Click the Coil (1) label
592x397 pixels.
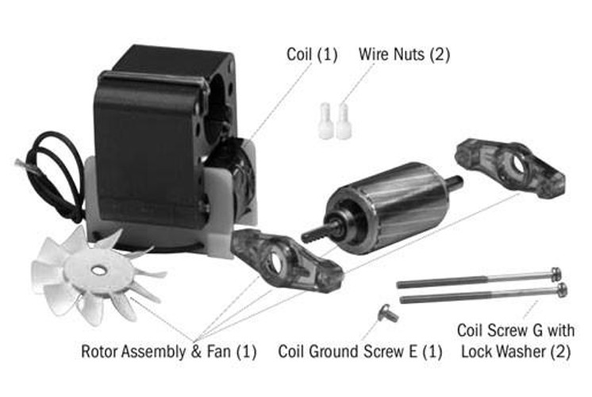(x=312, y=55)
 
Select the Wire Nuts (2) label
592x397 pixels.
(x=404, y=55)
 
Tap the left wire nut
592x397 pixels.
(x=325, y=122)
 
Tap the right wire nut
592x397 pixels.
(x=344, y=122)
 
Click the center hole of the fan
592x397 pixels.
(x=98, y=270)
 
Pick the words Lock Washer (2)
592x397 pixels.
(x=513, y=352)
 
